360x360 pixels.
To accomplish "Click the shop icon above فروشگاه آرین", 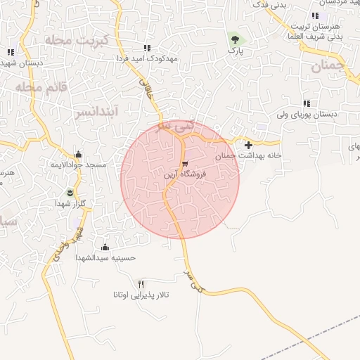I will coord(185,162).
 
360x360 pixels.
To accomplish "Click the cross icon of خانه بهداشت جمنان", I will coord(248,145).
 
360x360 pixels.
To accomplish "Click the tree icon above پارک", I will coord(235,40).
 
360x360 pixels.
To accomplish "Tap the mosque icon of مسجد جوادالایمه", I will coord(78,155).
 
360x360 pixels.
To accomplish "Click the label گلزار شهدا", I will coord(70,202).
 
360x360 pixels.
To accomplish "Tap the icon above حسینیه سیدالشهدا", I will coord(105,247).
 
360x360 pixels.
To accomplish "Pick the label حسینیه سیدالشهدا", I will coord(106,258).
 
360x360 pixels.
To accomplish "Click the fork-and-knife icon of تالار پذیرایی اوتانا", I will coord(141,283).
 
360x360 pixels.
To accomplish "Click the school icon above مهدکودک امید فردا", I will coord(146,48).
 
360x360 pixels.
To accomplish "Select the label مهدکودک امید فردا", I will coord(146,58).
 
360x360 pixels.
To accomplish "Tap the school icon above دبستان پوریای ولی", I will coord(307,103).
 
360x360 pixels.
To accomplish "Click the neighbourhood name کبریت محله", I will coord(77,39).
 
